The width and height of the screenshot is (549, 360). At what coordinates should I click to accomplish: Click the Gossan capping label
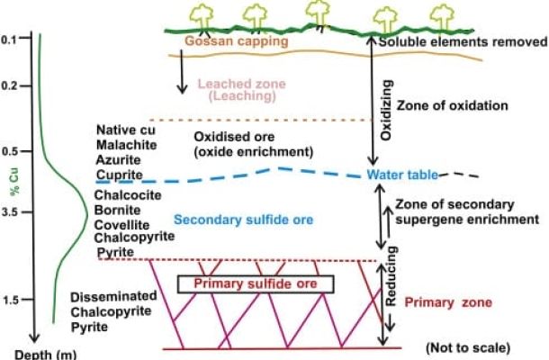pos(236,41)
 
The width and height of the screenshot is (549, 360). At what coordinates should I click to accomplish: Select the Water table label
pos(400,175)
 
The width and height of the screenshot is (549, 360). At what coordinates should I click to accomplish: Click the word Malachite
pos(125,144)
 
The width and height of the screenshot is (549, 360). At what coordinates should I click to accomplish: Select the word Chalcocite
pos(125,195)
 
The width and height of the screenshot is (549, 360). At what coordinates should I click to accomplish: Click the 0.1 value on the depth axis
pos(10,40)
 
